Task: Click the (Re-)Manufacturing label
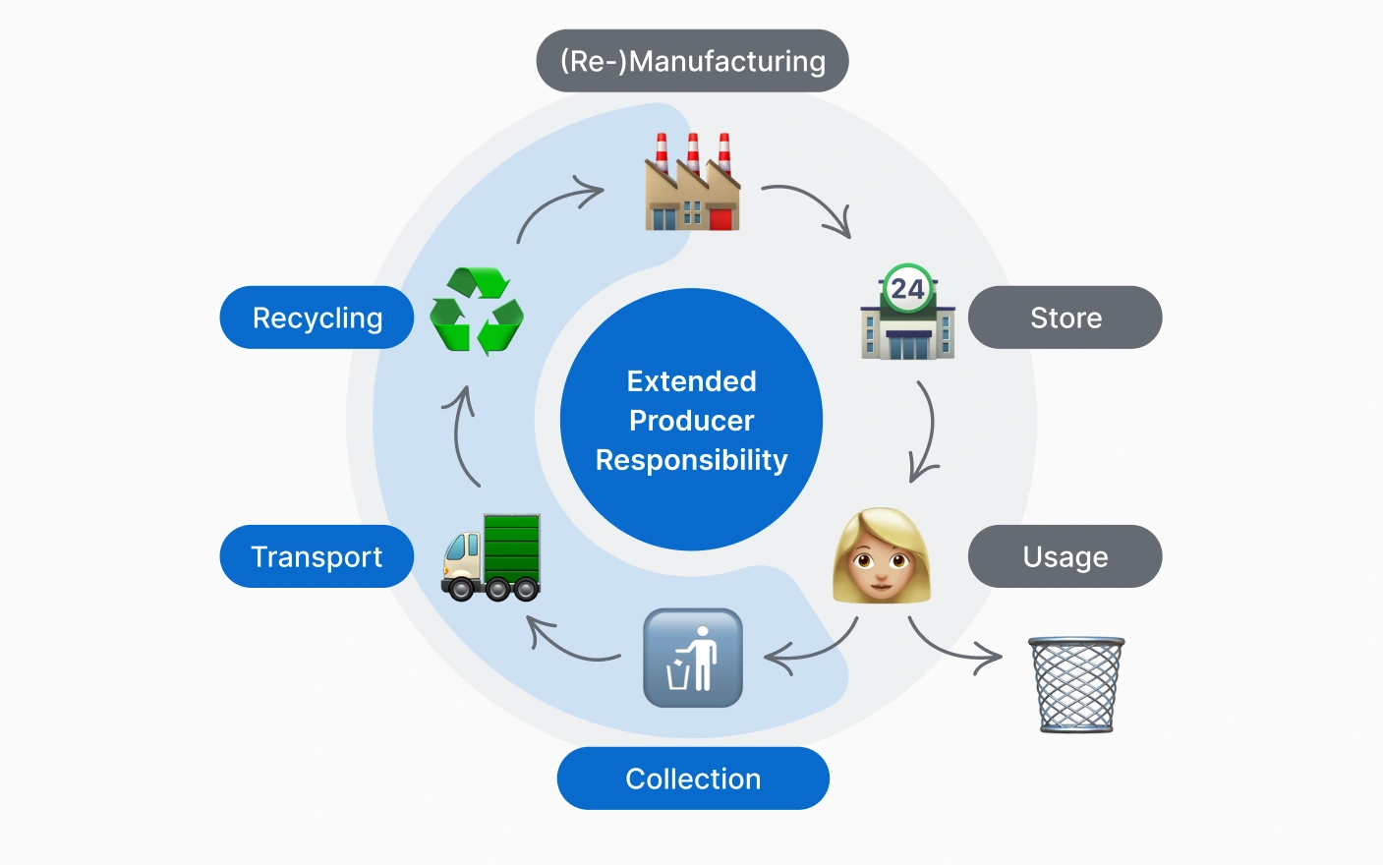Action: point(692,61)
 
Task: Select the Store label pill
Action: point(1065,318)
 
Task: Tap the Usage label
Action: point(1065,556)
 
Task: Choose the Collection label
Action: point(693,779)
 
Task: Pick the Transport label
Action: point(317,556)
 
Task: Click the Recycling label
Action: point(317,318)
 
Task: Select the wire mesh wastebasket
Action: point(1076,684)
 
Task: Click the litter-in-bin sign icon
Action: point(692,658)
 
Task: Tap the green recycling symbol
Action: point(477,311)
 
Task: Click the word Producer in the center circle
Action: point(691,421)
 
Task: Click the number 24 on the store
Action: point(907,289)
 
